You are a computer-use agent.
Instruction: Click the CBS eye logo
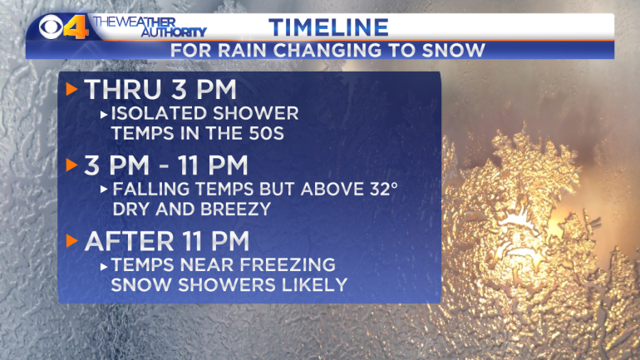tap(51, 27)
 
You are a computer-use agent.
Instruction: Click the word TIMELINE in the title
tap(328, 27)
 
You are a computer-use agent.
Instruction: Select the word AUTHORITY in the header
tap(174, 32)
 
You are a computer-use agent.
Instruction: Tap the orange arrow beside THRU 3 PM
tap(71, 89)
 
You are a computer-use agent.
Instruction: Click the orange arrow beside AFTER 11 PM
tap(71, 240)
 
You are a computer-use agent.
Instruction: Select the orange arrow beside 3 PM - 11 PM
tap(71, 165)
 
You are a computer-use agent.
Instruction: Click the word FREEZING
tap(288, 264)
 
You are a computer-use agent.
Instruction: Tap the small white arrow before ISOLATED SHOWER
tap(104, 115)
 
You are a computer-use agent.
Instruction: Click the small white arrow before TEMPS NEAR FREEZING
tap(104, 267)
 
